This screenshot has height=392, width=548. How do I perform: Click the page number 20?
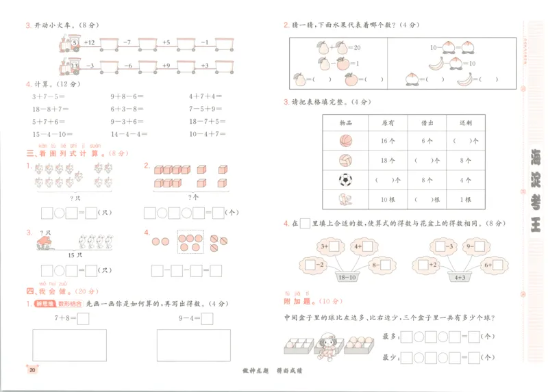tap(32, 370)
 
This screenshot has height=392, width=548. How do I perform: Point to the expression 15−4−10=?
tap(49, 134)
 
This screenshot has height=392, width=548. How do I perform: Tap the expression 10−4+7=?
tap(208, 134)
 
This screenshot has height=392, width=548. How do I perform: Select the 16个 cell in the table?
tap(386, 141)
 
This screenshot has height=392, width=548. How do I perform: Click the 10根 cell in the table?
tap(386, 200)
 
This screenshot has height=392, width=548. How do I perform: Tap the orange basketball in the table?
tap(345, 141)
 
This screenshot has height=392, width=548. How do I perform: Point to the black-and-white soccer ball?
tap(345, 181)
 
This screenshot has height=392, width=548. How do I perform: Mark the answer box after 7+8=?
tap(83, 317)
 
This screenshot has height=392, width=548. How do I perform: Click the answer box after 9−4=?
tap(207, 317)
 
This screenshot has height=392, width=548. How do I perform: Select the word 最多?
tap(390, 337)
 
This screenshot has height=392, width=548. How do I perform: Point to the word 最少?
tap(390, 357)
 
